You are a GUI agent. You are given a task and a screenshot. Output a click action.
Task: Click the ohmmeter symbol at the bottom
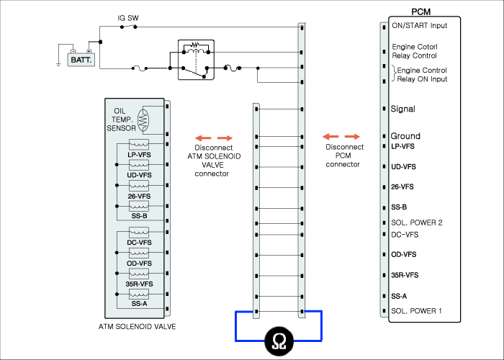[x=279, y=341]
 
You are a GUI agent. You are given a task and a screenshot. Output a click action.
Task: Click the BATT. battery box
[x=81, y=60]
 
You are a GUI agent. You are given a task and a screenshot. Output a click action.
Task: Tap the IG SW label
[x=128, y=18]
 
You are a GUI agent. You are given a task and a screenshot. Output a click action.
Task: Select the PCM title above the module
[x=420, y=12]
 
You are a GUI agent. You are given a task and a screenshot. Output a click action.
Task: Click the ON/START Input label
[x=420, y=25]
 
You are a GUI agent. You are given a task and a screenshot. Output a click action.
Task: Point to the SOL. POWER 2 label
[x=417, y=222]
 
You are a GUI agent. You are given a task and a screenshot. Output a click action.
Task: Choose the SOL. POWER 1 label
[x=416, y=311]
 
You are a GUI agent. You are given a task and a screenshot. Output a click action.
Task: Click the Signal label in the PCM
[x=402, y=109]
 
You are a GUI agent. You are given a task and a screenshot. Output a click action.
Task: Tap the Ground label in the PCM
[x=405, y=136]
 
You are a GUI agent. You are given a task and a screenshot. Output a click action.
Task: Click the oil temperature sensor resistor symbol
[x=143, y=120]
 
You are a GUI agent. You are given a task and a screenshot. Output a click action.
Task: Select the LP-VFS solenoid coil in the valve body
[x=139, y=144]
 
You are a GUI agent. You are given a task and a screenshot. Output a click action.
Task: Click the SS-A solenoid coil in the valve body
[x=139, y=294]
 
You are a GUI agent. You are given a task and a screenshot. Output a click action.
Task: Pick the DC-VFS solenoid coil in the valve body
[x=139, y=233]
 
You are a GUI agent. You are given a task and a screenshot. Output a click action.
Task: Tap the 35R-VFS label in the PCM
[x=405, y=275]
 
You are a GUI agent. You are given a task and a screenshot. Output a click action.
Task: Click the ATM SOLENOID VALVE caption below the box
[x=138, y=327]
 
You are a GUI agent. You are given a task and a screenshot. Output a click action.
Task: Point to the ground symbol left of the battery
[x=58, y=65]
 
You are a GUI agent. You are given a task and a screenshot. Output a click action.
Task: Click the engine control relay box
[x=196, y=60]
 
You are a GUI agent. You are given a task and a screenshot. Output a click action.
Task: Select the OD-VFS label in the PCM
[x=403, y=255]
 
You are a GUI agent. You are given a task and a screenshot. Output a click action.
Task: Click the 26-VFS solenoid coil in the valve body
[x=139, y=186]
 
